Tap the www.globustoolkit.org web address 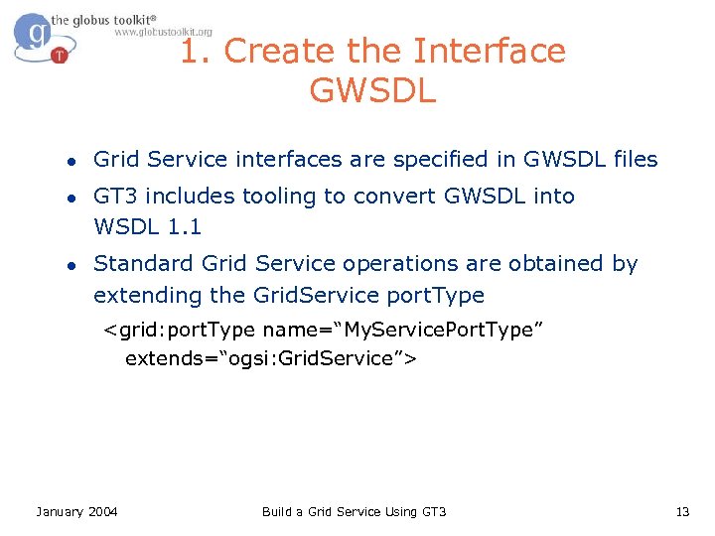[x=163, y=32]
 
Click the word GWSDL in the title [x=372, y=90]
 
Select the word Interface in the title [x=489, y=51]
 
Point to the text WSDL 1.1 [x=147, y=226]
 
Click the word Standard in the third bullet [x=144, y=264]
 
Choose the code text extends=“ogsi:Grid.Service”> [x=270, y=358]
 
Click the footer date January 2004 [x=76, y=511]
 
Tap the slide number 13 [x=681, y=511]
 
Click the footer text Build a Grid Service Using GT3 [x=354, y=511]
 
